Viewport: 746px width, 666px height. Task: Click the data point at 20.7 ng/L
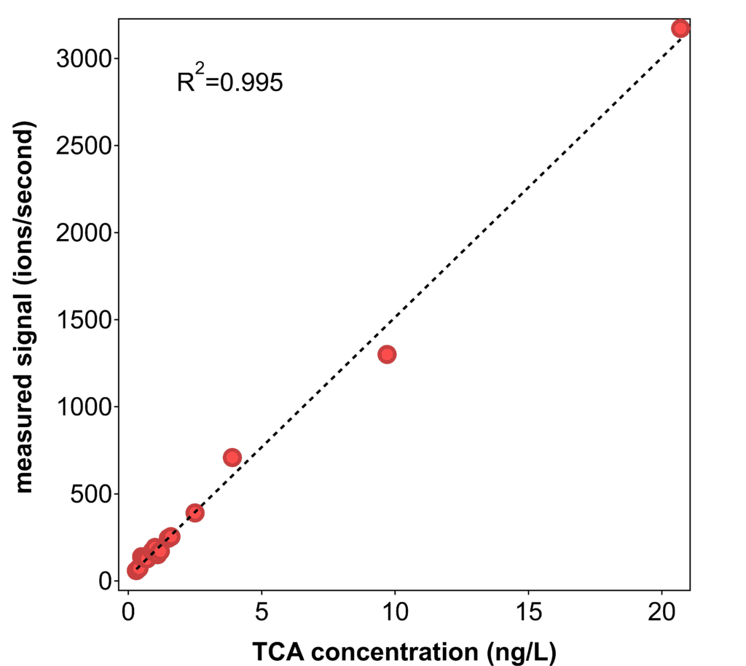click(x=680, y=28)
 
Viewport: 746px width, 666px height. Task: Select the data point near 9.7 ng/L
click(x=387, y=354)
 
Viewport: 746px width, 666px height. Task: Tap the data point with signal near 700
click(x=232, y=458)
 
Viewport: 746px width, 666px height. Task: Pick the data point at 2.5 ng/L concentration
click(x=195, y=512)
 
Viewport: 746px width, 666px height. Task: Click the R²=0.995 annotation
click(x=229, y=81)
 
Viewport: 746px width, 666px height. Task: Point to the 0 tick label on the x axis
click(x=128, y=610)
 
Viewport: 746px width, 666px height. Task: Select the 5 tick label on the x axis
click(x=262, y=610)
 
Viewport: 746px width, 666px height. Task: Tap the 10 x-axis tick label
click(x=395, y=610)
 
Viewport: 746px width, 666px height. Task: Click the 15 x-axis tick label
click(x=528, y=610)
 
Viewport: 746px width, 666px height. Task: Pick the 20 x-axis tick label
click(x=661, y=610)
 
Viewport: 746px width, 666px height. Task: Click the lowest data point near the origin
click(x=136, y=570)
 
